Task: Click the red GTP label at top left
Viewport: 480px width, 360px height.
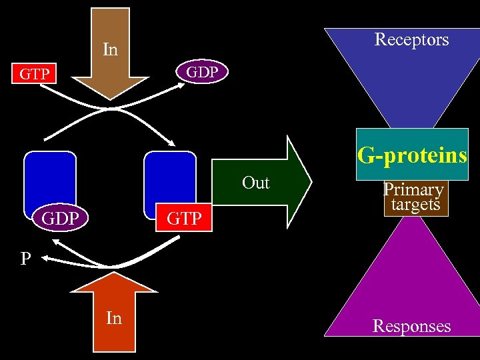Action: tap(34, 74)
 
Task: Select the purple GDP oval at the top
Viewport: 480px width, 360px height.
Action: tap(201, 72)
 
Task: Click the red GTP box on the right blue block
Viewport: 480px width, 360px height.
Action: tap(183, 219)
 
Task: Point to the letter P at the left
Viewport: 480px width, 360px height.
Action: tap(25, 259)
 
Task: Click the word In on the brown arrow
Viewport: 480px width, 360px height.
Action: tap(110, 49)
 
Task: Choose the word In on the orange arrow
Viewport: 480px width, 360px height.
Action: tap(114, 319)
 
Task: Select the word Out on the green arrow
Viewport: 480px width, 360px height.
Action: tap(256, 183)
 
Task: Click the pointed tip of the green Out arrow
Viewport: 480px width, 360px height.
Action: tap(310, 181)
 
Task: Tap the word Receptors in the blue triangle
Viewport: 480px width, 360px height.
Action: tap(411, 39)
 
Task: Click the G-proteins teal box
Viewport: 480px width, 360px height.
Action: tap(412, 155)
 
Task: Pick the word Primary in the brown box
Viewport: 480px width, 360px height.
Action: tap(413, 191)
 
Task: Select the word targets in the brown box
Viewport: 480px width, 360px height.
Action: tap(415, 205)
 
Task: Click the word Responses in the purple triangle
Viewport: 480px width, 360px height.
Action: tap(411, 326)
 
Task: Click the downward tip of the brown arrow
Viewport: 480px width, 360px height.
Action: tap(111, 99)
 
